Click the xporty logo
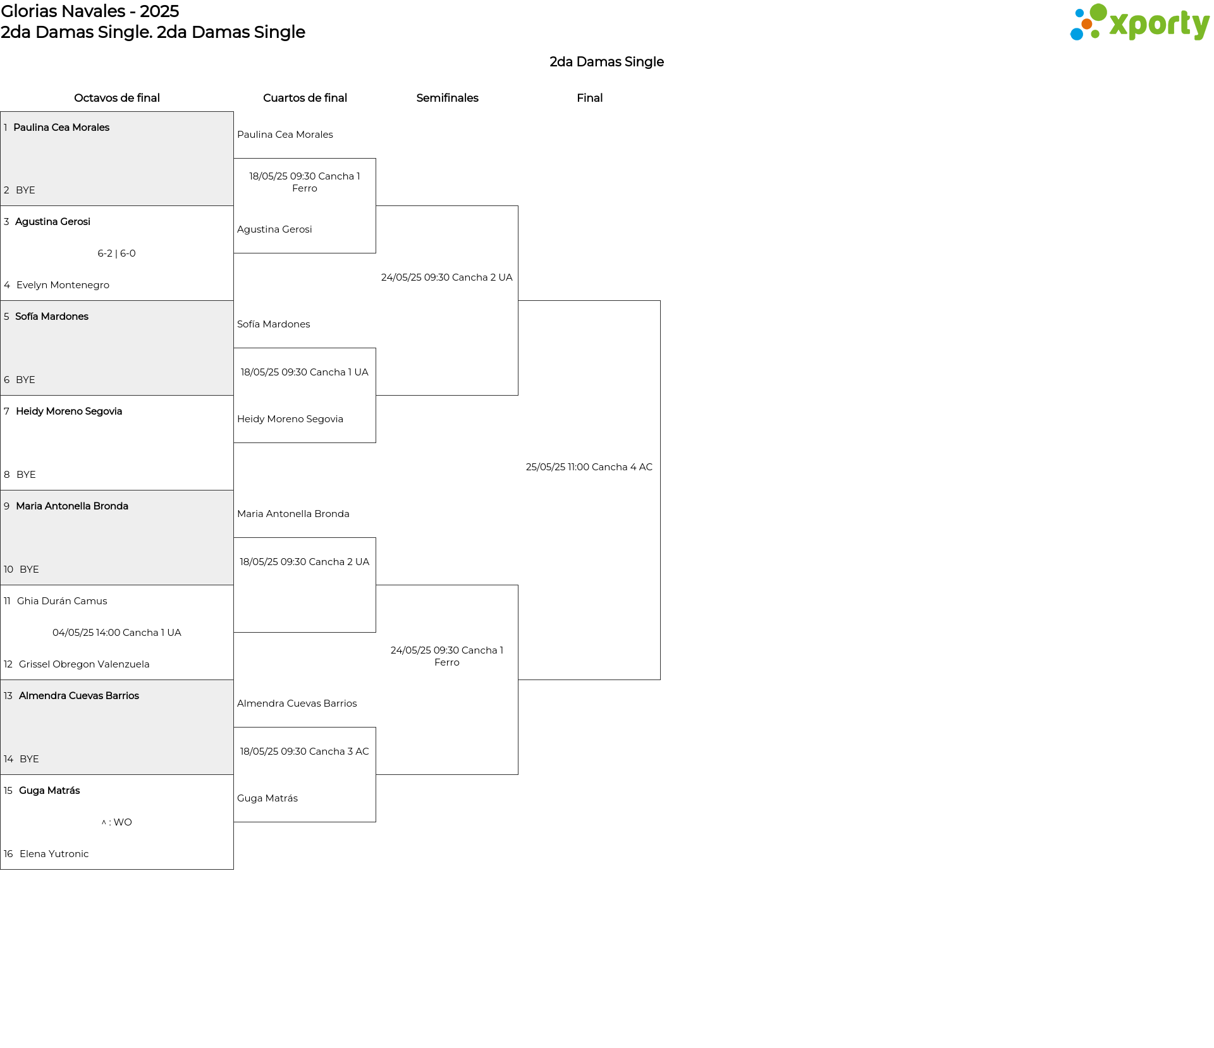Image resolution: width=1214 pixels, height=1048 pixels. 1139,23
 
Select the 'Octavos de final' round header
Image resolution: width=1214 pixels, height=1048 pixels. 117,98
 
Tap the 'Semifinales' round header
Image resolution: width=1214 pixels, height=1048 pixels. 447,98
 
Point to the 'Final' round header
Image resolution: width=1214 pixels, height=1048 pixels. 589,98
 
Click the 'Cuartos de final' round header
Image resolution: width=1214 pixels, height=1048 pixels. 305,98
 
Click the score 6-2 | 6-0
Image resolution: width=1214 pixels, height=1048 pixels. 116,253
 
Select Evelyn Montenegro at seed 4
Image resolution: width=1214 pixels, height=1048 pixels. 63,285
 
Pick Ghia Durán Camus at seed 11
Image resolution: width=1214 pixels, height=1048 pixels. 62,601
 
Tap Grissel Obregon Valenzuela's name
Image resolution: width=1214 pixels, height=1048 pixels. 84,664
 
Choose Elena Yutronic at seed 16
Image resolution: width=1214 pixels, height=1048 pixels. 54,854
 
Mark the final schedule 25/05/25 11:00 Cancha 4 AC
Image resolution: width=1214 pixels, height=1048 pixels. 589,467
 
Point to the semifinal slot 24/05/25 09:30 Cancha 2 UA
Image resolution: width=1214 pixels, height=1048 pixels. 447,277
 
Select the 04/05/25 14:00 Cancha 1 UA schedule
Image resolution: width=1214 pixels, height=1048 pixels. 117,633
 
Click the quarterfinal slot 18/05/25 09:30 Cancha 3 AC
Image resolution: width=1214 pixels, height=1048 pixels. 305,752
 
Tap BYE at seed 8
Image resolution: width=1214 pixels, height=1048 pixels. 26,475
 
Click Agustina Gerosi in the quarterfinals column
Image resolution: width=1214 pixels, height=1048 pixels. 274,229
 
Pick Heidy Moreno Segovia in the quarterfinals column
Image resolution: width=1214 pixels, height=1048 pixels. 290,419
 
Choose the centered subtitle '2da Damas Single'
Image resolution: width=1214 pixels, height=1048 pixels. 606,62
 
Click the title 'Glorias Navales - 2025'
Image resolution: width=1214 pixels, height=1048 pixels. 90,11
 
